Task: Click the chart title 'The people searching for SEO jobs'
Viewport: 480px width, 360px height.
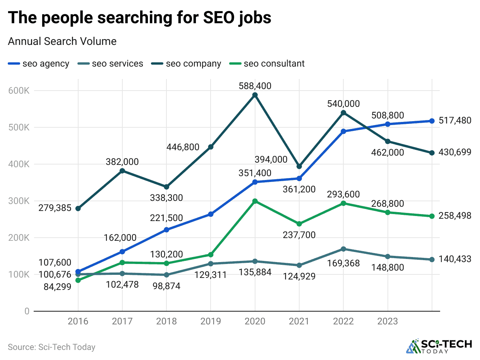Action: coord(139,18)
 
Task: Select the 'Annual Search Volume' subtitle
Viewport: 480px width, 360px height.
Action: coord(62,41)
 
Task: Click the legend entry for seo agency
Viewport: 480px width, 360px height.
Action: coord(39,63)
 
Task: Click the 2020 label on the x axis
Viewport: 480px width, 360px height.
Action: coord(255,322)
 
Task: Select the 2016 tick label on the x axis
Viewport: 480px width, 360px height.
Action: coord(78,322)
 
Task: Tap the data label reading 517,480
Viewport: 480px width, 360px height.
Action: coord(455,121)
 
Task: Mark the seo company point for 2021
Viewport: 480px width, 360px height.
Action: coord(299,166)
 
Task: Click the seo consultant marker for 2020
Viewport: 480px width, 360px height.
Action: coord(255,201)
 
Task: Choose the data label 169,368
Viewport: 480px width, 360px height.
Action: coord(343,264)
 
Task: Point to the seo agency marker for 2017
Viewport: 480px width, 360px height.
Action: coord(122,252)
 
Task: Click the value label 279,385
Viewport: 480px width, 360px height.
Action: coord(55,208)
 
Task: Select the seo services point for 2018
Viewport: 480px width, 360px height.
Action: coord(166,275)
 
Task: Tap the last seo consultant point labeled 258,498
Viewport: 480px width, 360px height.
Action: coord(432,216)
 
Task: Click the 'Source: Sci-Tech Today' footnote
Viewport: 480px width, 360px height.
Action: coord(51,347)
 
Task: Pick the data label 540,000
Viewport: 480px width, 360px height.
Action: coord(343,104)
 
